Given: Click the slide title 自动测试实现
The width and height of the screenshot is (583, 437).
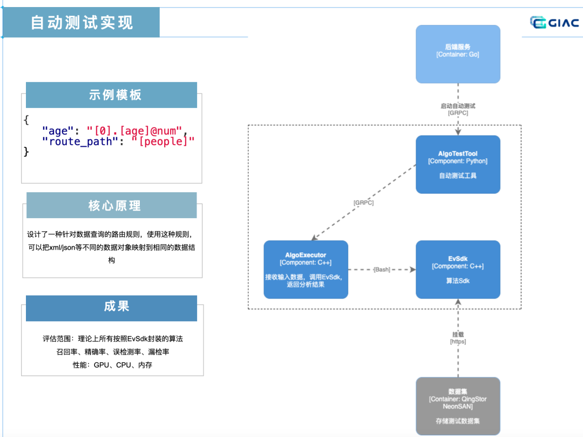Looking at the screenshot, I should pyautogui.click(x=82, y=23).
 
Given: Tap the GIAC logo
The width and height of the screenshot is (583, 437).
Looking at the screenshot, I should pyautogui.click(x=554, y=22).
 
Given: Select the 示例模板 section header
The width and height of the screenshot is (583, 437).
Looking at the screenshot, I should pyautogui.click(x=112, y=95).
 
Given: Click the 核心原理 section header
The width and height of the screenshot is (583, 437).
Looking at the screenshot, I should pyautogui.click(x=112, y=206).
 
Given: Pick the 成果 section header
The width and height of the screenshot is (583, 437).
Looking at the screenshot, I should pyautogui.click(x=112, y=306).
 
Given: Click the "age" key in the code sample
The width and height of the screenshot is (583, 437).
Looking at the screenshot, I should pyautogui.click(x=57, y=131).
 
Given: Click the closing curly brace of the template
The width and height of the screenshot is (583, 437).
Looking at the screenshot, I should pyautogui.click(x=26, y=152).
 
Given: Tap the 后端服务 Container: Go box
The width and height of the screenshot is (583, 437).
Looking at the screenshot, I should pyautogui.click(x=458, y=54).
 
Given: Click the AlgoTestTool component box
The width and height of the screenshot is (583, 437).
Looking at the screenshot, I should pyautogui.click(x=458, y=164).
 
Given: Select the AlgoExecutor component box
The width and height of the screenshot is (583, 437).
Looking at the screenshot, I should pyautogui.click(x=306, y=269).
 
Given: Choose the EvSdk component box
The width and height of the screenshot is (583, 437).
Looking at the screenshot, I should pyautogui.click(x=458, y=269).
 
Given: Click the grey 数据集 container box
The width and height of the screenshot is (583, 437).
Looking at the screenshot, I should pyautogui.click(x=458, y=406).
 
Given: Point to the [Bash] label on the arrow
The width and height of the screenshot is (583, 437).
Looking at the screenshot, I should pyautogui.click(x=382, y=270).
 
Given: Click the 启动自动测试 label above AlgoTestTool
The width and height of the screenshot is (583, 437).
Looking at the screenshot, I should pyautogui.click(x=458, y=106).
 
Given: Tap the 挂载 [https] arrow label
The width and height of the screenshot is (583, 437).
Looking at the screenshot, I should pyautogui.click(x=458, y=338).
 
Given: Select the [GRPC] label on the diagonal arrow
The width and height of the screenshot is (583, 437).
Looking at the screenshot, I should pyautogui.click(x=364, y=203).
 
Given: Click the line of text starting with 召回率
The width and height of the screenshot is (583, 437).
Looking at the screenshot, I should pyautogui.click(x=113, y=352).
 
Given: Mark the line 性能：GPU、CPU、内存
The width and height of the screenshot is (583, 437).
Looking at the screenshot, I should pyautogui.click(x=113, y=365).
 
